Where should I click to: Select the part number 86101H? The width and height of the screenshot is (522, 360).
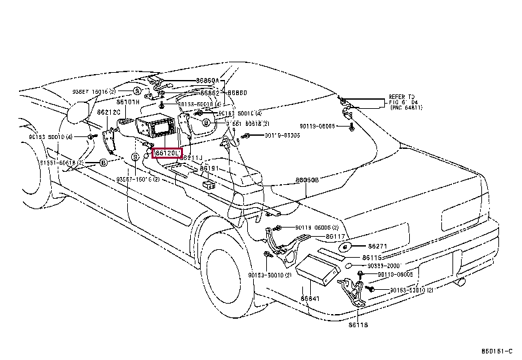pos(129,102)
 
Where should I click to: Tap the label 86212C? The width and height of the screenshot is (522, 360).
pos(109,112)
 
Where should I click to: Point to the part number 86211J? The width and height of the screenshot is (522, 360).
pos(192,158)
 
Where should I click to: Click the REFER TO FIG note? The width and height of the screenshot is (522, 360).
pos(402,102)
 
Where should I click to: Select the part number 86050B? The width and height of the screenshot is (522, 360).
pos(307,180)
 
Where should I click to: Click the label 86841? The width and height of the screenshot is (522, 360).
pos(310,299)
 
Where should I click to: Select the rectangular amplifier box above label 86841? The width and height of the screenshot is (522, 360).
pos(319,271)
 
